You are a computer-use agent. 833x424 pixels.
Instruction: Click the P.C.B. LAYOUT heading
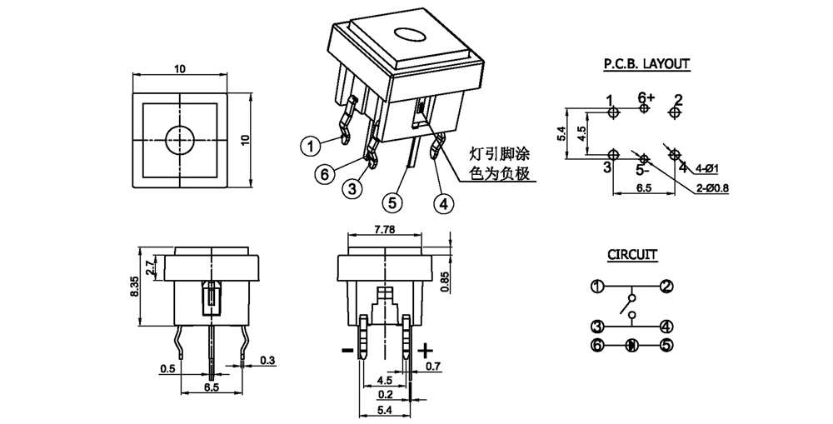[646, 63]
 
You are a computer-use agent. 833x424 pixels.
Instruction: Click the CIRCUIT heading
[631, 254]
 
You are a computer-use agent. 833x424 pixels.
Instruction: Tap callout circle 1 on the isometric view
[310, 146]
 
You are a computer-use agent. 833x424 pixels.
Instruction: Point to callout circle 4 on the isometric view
[444, 202]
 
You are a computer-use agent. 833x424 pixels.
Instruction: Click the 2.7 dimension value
[150, 268]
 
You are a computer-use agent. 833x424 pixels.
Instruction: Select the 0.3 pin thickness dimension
[267, 360]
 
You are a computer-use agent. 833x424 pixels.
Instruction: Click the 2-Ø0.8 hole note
[713, 188]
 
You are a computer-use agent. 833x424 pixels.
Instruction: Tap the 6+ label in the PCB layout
[646, 97]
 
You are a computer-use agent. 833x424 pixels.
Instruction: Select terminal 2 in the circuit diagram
[666, 287]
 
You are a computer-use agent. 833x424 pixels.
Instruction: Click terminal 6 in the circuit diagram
[596, 344]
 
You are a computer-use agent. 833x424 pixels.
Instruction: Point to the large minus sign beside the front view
[347, 350]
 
